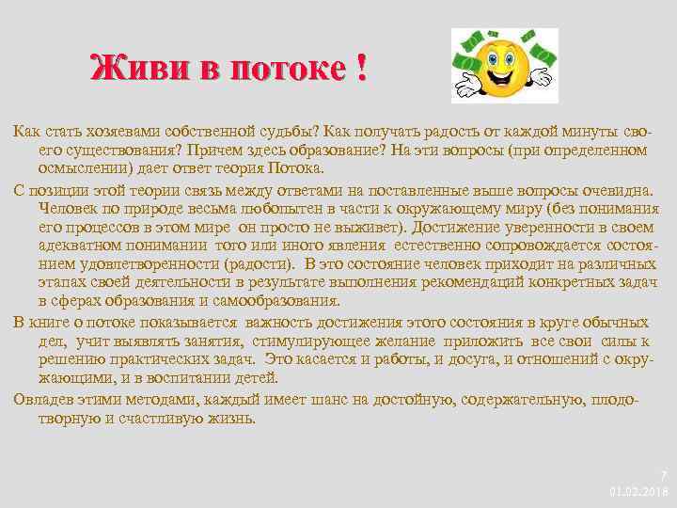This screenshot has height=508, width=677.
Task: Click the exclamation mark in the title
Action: coord(360,69)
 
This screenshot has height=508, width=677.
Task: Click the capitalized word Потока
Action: coord(292,167)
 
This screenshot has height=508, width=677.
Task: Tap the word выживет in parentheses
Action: coord(371,226)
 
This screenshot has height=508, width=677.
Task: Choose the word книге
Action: coord(58,322)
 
